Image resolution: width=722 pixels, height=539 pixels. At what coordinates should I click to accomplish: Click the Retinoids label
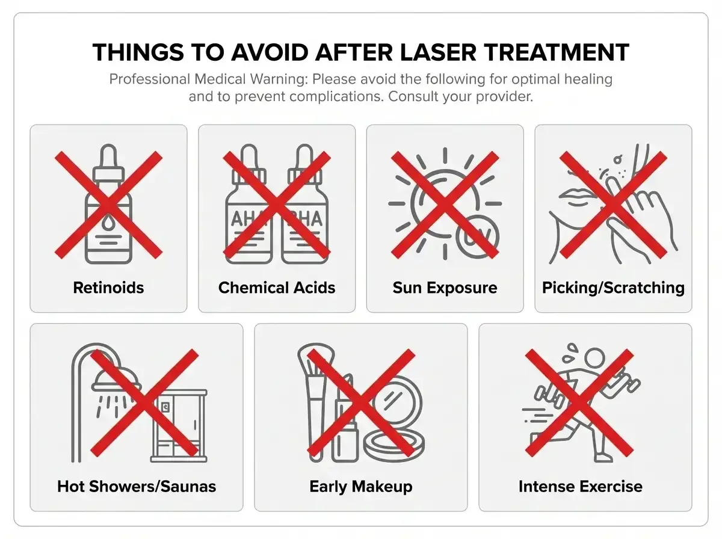pyautogui.click(x=108, y=288)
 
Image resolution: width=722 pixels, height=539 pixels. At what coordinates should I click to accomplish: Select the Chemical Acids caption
pyautogui.click(x=277, y=288)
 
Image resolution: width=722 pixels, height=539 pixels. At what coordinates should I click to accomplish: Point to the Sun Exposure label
pyautogui.click(x=445, y=288)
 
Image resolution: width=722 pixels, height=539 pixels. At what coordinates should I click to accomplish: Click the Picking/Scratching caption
pyautogui.click(x=613, y=288)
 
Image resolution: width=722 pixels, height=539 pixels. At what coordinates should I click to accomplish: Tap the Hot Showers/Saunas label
pyautogui.click(x=137, y=485)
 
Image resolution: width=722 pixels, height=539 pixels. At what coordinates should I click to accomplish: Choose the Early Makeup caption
pyautogui.click(x=361, y=485)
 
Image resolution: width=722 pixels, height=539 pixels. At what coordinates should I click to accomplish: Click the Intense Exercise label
pyautogui.click(x=580, y=485)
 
